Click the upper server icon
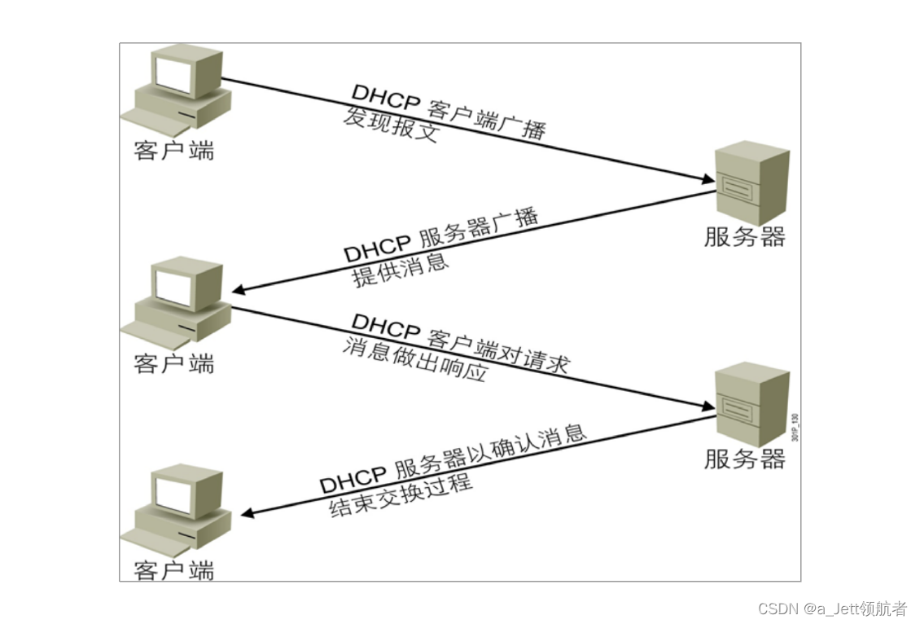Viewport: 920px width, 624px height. (751, 182)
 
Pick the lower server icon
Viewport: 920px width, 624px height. (751, 405)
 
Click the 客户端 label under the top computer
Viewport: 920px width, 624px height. (174, 150)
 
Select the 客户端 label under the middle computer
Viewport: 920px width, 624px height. (174, 363)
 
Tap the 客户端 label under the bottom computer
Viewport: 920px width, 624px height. (174, 570)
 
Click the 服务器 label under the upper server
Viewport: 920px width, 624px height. (745, 237)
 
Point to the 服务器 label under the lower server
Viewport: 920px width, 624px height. (745, 459)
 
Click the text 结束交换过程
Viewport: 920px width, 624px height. (401, 495)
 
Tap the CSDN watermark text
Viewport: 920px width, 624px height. (832, 609)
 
